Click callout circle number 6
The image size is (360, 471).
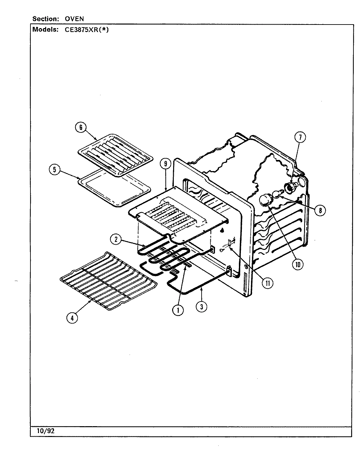(x=80, y=127)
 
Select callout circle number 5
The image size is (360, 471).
(x=54, y=169)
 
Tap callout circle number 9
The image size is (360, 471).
(x=166, y=164)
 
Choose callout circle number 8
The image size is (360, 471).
(x=319, y=210)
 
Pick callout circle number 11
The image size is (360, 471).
(x=268, y=283)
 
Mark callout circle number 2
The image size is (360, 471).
(x=116, y=239)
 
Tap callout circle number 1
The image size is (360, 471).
(x=178, y=310)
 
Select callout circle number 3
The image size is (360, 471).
(x=202, y=306)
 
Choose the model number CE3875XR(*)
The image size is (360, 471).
(x=84, y=29)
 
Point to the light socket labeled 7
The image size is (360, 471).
(x=289, y=187)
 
